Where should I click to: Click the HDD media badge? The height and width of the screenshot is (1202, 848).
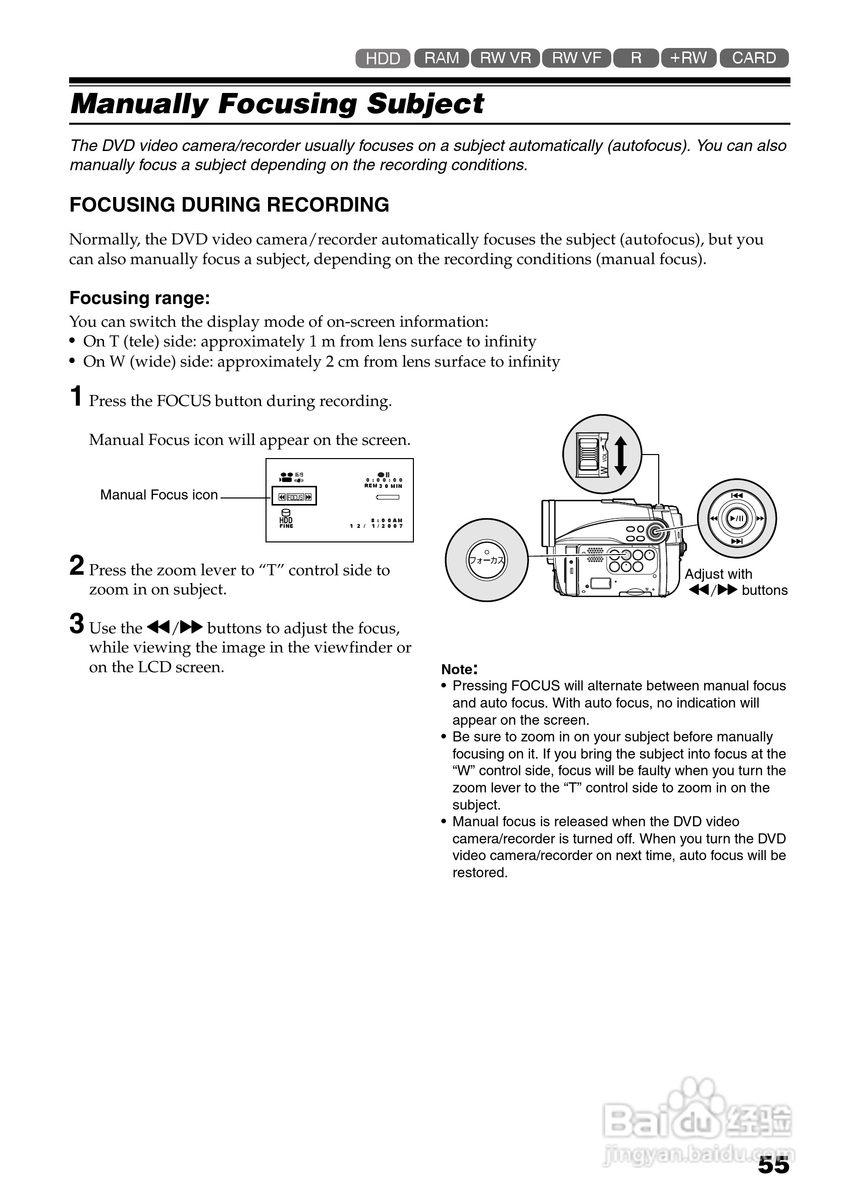[383, 58]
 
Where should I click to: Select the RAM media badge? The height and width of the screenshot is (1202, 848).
[442, 58]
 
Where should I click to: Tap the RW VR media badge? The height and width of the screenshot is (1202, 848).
[505, 58]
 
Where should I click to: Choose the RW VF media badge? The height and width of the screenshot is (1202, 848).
[576, 58]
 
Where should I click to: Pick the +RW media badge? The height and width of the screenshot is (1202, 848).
[688, 58]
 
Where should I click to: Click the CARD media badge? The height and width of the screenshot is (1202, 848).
[754, 58]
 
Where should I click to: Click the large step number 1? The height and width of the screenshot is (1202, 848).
[76, 396]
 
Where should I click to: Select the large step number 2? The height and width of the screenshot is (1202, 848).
[76, 566]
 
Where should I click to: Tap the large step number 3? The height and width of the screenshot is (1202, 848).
[76, 624]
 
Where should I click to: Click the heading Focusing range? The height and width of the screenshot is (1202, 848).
[140, 298]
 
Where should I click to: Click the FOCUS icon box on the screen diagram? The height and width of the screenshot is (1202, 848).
[294, 496]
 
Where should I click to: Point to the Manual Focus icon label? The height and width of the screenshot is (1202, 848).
[158, 495]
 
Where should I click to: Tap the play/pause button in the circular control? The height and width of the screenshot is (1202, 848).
[736, 518]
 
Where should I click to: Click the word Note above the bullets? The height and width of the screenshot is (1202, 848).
[457, 669]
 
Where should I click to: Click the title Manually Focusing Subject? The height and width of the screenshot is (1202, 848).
[277, 103]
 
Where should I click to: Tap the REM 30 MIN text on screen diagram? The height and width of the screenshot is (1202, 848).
[383, 486]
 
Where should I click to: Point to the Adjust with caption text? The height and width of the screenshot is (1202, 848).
[718, 574]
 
